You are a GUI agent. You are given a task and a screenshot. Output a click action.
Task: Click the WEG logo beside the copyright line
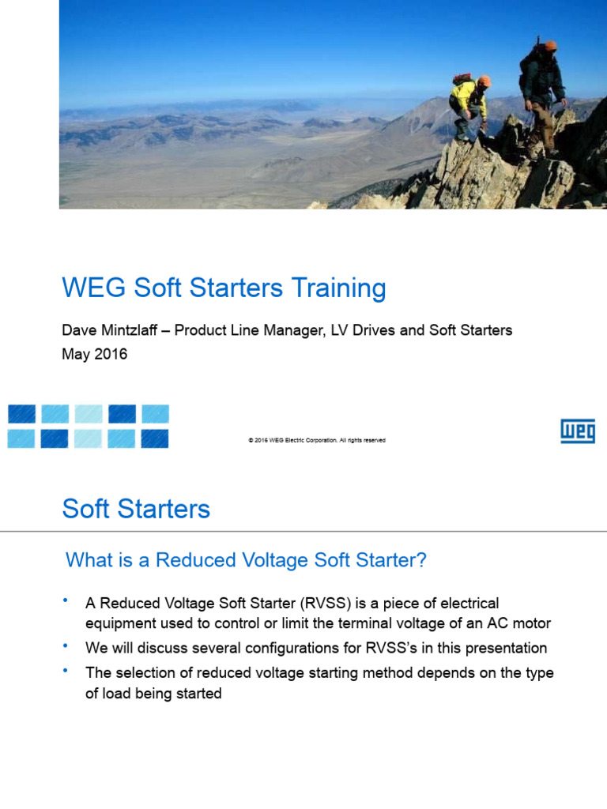point(577,431)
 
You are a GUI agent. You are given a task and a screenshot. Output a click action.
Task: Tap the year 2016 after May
point(111,355)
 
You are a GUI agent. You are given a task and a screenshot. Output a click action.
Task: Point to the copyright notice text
point(316,440)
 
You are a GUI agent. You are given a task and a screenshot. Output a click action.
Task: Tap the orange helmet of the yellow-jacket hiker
point(484,81)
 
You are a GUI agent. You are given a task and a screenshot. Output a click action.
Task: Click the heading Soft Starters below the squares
point(136,509)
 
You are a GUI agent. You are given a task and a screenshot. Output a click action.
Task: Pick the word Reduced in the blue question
point(191,561)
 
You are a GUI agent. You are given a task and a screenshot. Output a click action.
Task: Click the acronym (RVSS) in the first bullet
point(322,604)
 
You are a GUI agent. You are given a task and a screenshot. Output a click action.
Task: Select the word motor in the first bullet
point(530,623)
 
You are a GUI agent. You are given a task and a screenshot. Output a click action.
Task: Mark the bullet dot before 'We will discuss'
point(66,645)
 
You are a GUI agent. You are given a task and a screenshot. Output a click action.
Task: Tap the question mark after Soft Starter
point(421,561)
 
